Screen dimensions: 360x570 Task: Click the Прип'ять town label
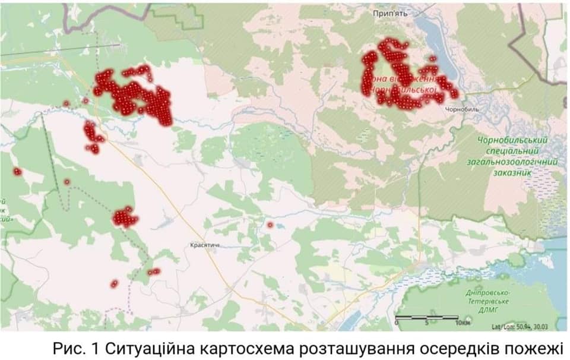click(x=389, y=13)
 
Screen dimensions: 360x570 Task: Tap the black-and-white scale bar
click(x=426, y=318)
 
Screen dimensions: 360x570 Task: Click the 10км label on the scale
click(x=464, y=324)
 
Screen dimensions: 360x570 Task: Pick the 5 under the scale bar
click(x=426, y=324)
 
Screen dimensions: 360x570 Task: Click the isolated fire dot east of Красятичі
click(x=270, y=225)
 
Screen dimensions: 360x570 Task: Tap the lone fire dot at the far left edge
click(x=17, y=172)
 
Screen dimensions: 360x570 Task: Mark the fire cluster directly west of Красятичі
click(x=125, y=217)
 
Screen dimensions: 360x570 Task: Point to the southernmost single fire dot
click(x=114, y=284)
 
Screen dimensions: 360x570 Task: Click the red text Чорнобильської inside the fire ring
click(x=404, y=90)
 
